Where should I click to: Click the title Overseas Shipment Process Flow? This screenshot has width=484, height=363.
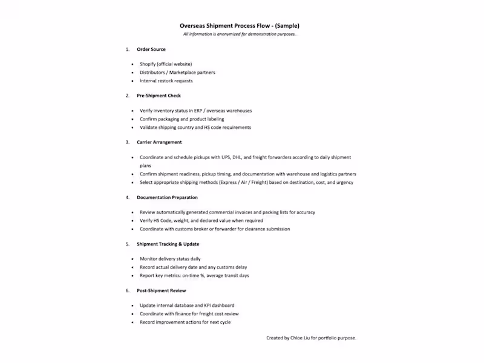240,26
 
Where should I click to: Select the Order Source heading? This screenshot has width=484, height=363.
151,49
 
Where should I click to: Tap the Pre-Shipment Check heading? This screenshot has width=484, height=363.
159,96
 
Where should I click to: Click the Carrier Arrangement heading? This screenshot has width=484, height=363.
159,142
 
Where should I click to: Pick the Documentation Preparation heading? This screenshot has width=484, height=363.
167,197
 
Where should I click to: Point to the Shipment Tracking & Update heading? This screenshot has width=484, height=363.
168,244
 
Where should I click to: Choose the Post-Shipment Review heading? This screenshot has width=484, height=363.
162,290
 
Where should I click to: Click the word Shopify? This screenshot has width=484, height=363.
148,64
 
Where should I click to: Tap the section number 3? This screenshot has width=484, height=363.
127,142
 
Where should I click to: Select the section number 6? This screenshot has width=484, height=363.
127,290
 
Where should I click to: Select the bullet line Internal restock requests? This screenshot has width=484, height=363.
166,80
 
